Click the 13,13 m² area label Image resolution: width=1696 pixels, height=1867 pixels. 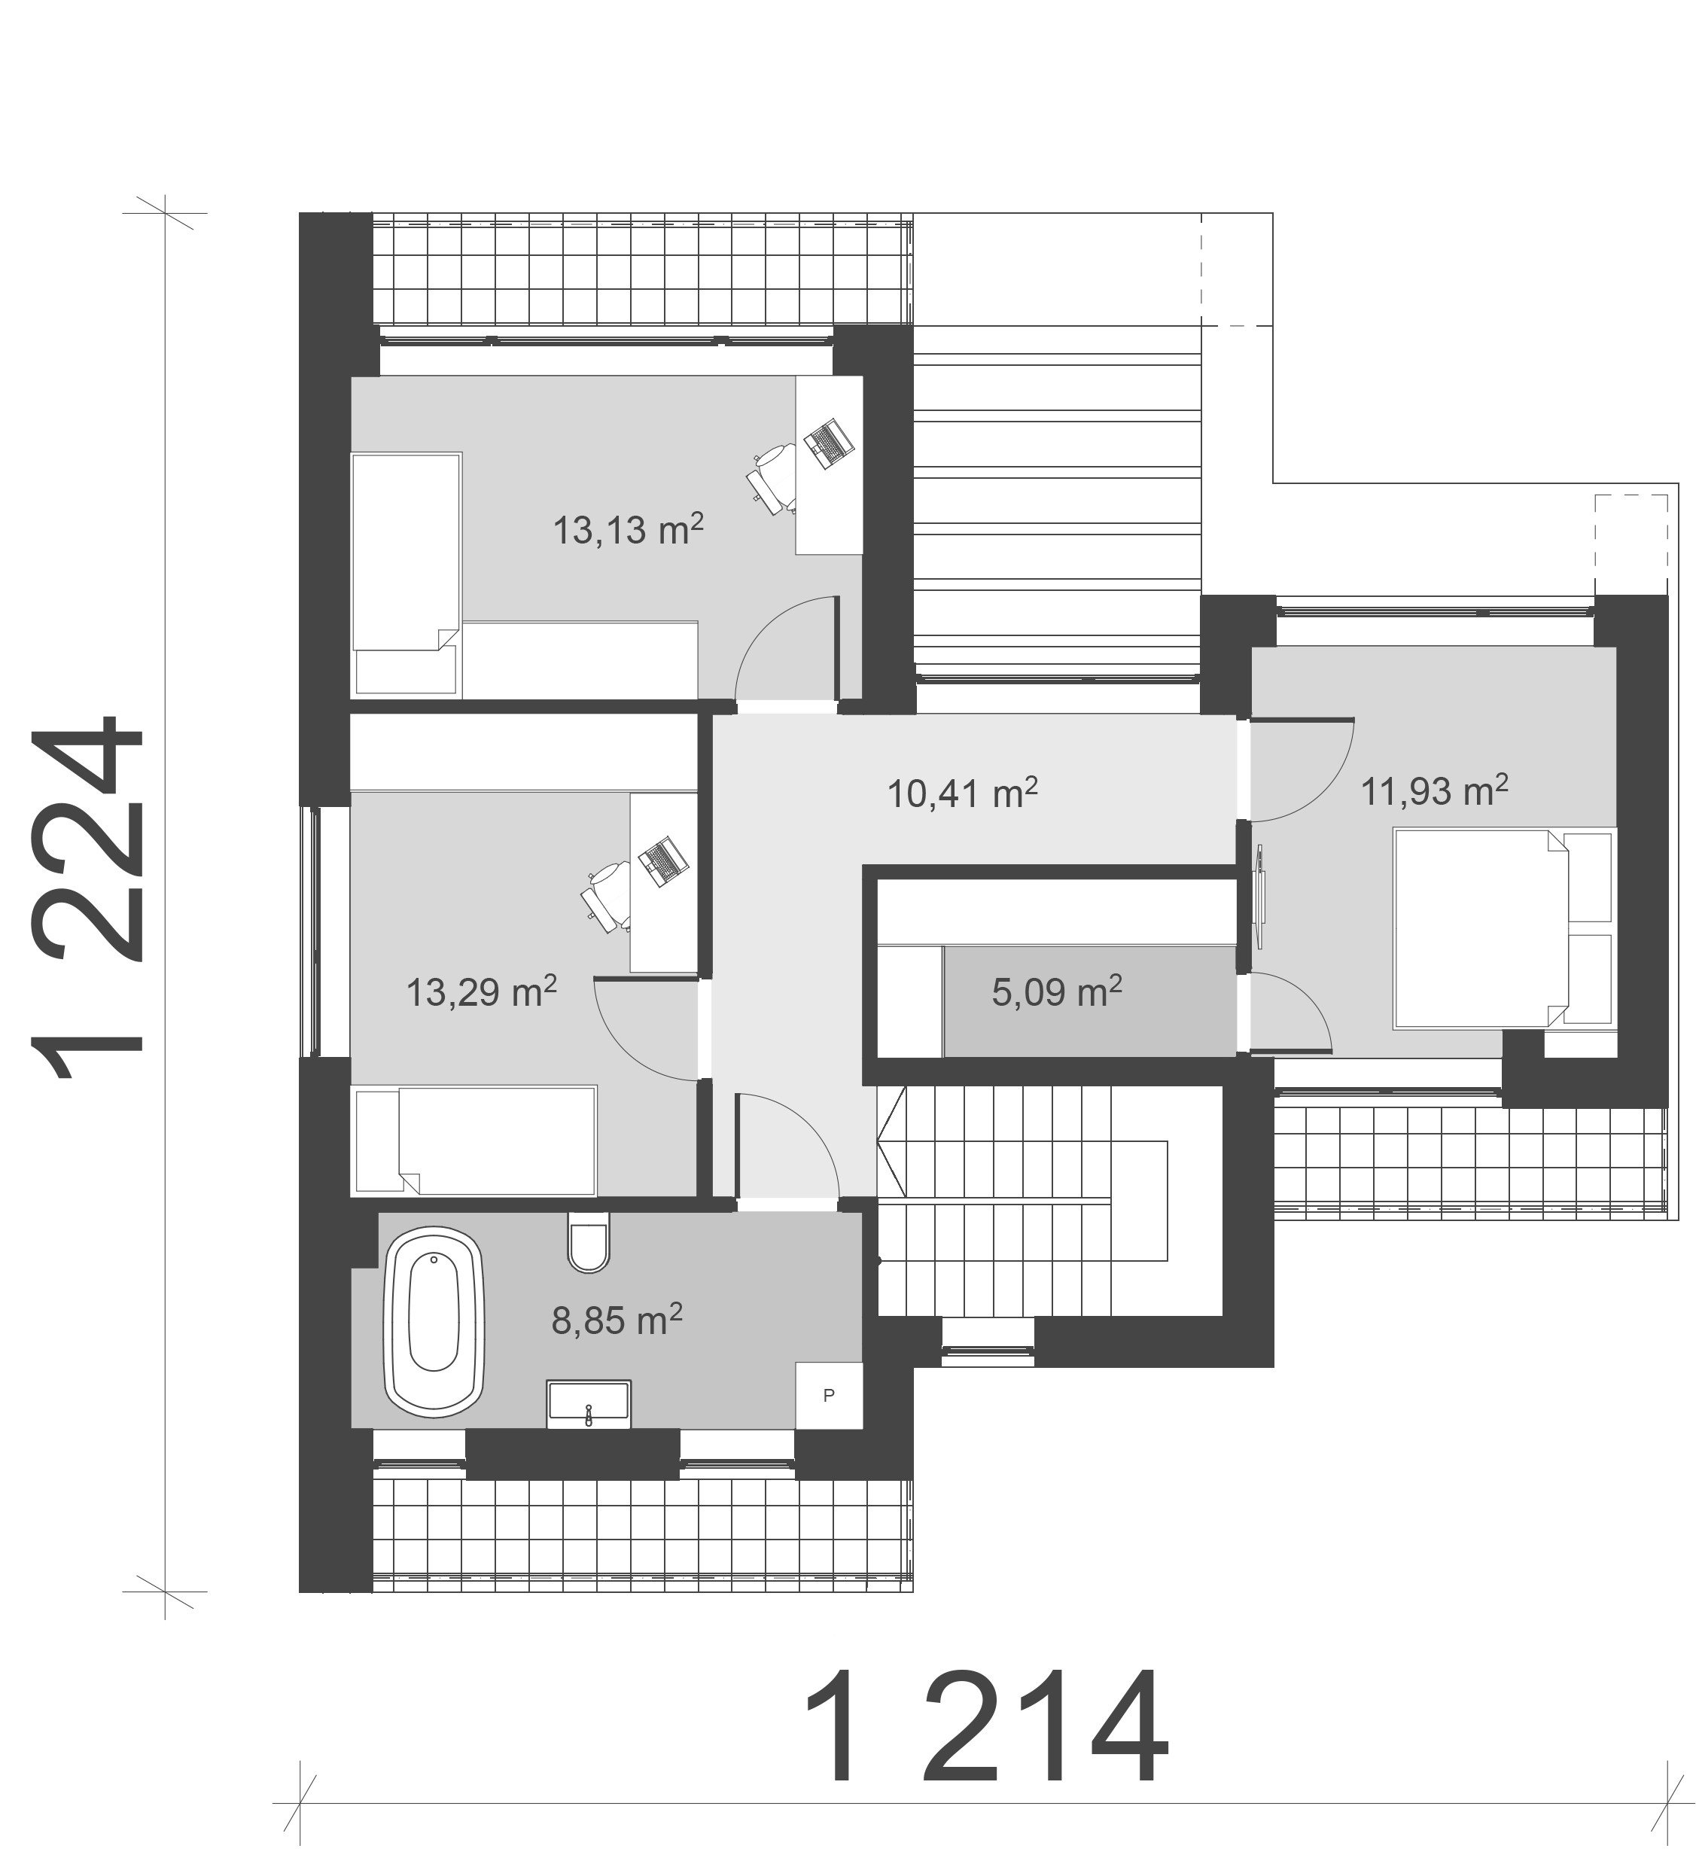click(x=628, y=530)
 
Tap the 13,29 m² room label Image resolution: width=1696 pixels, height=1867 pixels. click(x=482, y=992)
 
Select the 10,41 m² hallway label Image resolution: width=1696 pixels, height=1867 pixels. click(x=962, y=793)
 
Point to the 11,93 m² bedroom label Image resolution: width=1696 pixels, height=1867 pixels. click(x=1435, y=790)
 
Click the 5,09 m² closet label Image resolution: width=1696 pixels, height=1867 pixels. click(x=1057, y=992)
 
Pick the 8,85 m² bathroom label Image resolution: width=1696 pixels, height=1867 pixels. click(x=617, y=1320)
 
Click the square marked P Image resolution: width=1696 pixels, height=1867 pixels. click(x=829, y=1395)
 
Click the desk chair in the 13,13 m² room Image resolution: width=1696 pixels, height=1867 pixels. click(x=771, y=477)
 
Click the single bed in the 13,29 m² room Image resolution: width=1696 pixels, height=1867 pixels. click(x=474, y=1140)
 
